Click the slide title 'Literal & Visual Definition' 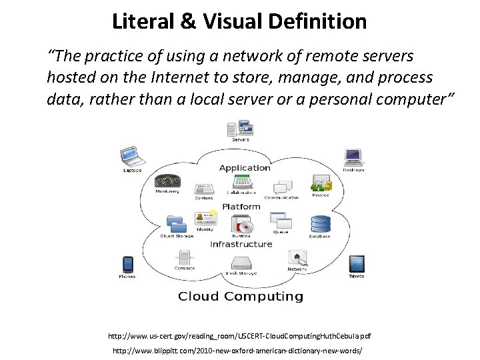pos(239,21)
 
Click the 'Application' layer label pos(245,167)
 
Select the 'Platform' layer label pos(241,207)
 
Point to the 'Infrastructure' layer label pos(241,244)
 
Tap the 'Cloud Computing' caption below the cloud pos(240,296)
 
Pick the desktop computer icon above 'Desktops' pos(353,157)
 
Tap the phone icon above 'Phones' pos(127,264)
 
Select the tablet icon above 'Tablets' pos(357,264)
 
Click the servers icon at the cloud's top pos(240,127)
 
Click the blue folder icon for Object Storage pos(176,223)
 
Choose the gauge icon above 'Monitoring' pos(167,181)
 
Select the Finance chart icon pos(321,182)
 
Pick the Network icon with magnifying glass pos(297,258)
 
